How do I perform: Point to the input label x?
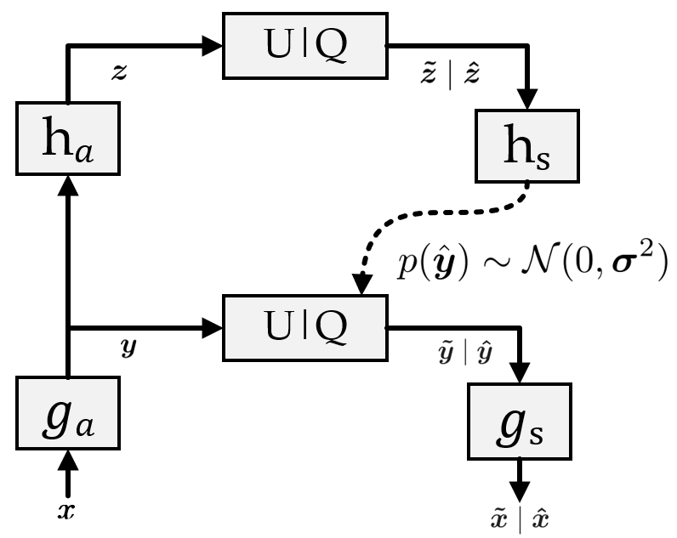[x=67, y=513]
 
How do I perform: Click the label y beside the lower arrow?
[x=128, y=349]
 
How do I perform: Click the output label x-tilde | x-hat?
[x=519, y=518]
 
